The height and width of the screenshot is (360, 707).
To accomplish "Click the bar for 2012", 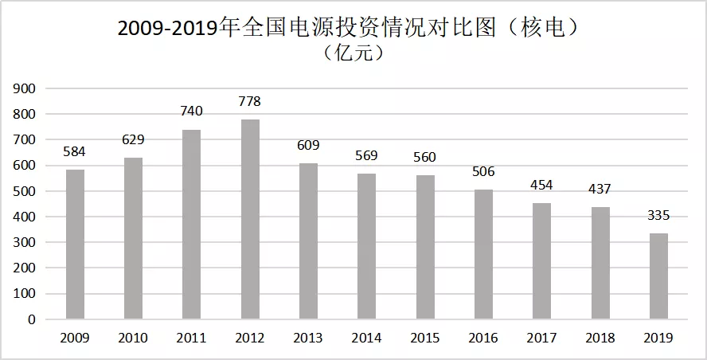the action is click(250, 219).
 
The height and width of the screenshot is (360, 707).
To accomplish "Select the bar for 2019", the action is click(658, 276).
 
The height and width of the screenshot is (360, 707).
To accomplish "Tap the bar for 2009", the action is click(75, 245).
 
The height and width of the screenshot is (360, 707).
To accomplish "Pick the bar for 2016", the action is click(484, 254).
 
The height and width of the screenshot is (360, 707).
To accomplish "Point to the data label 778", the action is click(250, 101).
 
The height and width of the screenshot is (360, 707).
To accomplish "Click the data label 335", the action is click(658, 216).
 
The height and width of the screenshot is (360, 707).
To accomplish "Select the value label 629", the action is click(134, 140).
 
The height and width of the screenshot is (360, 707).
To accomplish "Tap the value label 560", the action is click(425, 157).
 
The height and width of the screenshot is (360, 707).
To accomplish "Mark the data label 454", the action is click(542, 185).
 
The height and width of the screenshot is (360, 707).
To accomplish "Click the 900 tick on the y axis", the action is click(25, 89).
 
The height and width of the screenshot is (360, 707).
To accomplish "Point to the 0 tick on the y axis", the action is click(32, 319).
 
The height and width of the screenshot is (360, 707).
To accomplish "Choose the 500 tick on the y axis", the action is click(25, 191).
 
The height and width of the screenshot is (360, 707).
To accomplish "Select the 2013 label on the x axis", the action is click(308, 338).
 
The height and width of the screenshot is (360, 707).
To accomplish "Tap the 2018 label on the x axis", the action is click(600, 338).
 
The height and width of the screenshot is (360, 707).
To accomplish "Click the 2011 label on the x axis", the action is click(192, 338).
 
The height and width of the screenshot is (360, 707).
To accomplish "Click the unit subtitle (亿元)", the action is click(353, 53).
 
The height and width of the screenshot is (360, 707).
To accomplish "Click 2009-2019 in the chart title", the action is click(167, 29).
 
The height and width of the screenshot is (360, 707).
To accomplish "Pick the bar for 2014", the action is click(367, 246).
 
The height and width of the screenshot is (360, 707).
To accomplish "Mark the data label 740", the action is click(192, 111).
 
